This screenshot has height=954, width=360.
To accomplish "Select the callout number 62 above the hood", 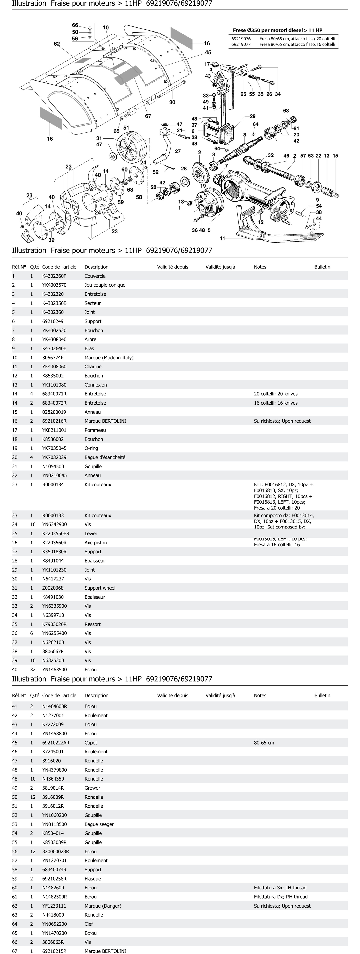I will coord(57,44).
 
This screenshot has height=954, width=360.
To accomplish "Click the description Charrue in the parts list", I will coord(93,367).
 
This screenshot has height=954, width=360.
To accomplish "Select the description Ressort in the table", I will coord(93,624).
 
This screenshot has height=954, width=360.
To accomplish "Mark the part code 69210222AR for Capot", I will coord(56,743).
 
